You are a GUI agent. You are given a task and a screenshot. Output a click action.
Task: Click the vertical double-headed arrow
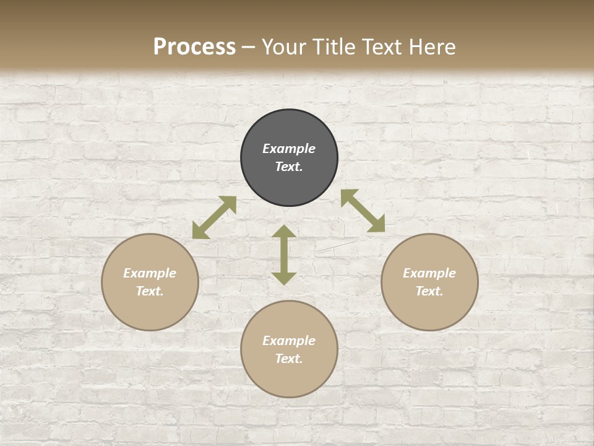[284, 255]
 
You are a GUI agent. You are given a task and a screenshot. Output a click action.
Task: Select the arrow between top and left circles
[214, 217]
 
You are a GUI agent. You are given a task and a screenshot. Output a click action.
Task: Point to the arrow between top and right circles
[363, 211]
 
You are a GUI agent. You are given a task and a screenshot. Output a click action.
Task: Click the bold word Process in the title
[194, 47]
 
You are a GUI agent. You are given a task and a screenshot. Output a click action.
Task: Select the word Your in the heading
[282, 47]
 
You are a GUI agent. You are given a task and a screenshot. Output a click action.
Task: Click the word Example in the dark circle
[289, 149]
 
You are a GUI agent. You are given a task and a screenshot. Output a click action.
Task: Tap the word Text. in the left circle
[150, 291]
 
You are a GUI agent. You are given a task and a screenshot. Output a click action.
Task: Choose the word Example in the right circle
[429, 273]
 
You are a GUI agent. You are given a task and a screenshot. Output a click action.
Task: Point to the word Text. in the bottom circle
[289, 359]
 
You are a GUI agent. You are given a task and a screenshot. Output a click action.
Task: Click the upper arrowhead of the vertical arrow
[284, 232]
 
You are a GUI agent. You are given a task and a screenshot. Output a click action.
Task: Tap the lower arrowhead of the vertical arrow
[284, 278]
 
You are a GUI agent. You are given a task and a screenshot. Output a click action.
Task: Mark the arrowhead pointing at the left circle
[200, 231]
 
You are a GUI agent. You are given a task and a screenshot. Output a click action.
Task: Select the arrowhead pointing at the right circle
[377, 225]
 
